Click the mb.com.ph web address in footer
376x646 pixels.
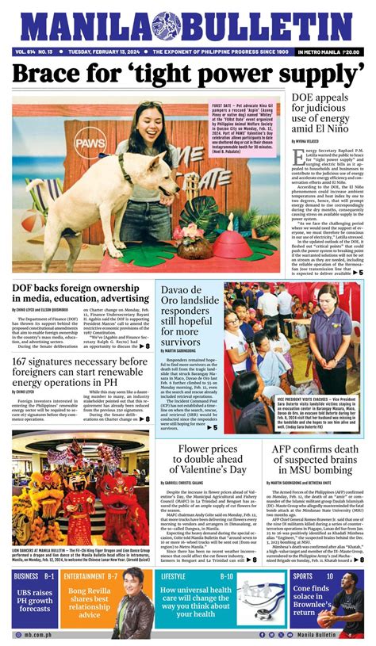pyautogui.click(x=32, y=635)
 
